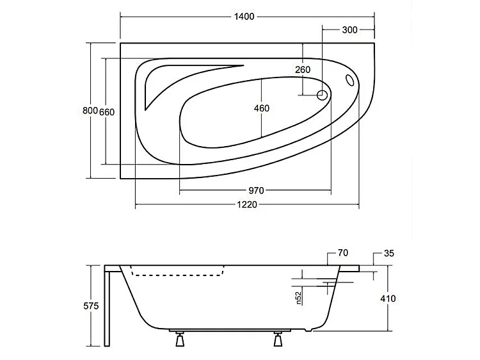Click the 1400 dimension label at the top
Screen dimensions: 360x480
(246, 17)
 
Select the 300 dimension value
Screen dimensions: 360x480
(349, 29)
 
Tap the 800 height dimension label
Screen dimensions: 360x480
(90, 111)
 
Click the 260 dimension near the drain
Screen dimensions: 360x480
(303, 69)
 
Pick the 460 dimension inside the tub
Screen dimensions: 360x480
(261, 108)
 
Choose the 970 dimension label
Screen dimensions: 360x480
(256, 190)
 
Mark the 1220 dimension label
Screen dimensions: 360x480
(248, 205)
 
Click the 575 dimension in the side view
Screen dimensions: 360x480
(90, 306)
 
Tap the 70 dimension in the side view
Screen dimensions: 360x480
(342, 253)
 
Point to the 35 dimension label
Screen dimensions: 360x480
(388, 253)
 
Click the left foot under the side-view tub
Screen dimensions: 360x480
(178, 340)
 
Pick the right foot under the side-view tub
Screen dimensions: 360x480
(278, 340)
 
